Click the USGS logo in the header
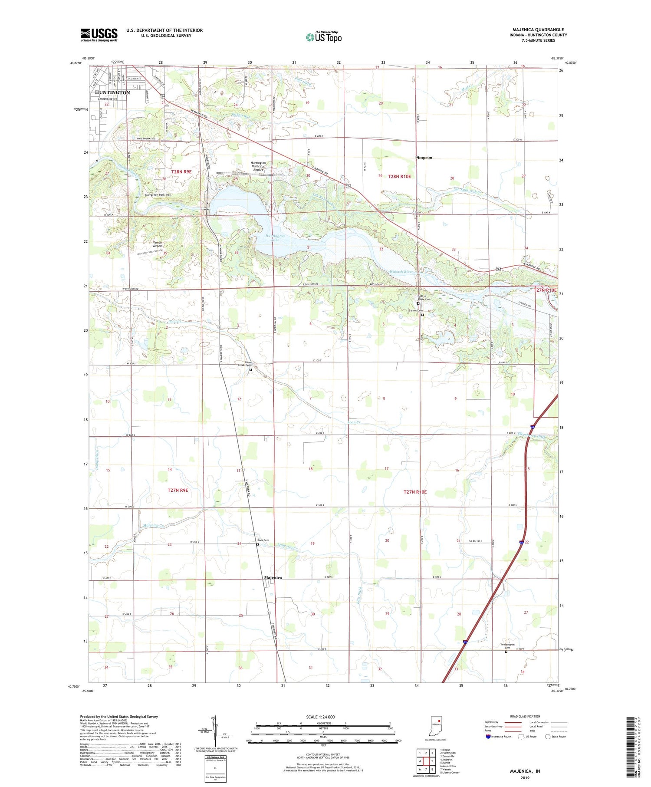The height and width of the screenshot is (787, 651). (x=99, y=35)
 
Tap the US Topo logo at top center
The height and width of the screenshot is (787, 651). (x=323, y=37)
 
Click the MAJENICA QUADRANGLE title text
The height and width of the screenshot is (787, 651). (x=538, y=30)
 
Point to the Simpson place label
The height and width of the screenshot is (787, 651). (x=424, y=158)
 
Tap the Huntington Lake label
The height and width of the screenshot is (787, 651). (x=275, y=237)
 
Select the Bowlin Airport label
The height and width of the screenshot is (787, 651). (x=158, y=244)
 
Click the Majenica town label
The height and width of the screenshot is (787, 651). (x=273, y=578)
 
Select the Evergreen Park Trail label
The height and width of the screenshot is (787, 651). (x=158, y=195)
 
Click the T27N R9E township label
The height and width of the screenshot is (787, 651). (x=178, y=490)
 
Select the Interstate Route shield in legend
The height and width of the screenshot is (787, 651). (x=488, y=736)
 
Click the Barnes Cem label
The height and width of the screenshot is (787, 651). (x=415, y=310)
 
